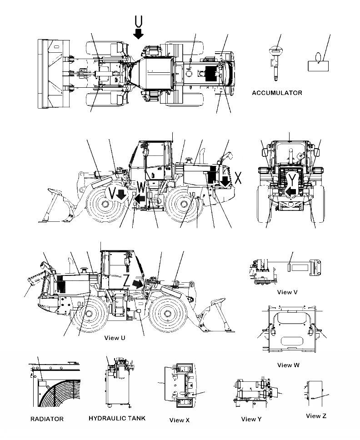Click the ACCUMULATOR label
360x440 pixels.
click(x=276, y=93)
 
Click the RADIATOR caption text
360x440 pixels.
click(x=47, y=419)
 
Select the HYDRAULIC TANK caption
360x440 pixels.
click(x=117, y=418)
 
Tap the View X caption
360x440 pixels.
click(x=179, y=420)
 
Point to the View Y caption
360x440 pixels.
click(x=251, y=419)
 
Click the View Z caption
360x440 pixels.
click(x=316, y=416)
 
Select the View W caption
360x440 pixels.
click(x=288, y=365)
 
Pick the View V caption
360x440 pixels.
click(x=287, y=292)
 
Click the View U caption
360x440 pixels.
click(x=115, y=338)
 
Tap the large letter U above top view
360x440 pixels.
click(x=139, y=20)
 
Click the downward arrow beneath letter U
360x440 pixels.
click(x=139, y=33)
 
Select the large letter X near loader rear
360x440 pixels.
click(x=239, y=178)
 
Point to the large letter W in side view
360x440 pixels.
click(x=142, y=187)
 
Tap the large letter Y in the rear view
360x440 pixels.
click(x=293, y=178)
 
